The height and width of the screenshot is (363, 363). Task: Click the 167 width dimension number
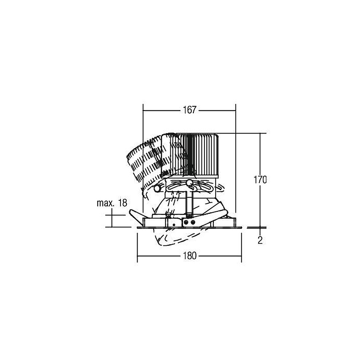tap(189, 110)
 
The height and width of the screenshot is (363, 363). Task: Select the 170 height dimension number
tap(260, 180)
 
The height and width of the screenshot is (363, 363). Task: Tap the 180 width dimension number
tap(189, 256)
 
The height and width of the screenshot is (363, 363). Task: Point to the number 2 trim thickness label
tap(260, 240)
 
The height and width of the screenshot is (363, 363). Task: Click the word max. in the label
tap(106, 203)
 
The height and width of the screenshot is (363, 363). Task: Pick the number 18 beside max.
tap(123, 203)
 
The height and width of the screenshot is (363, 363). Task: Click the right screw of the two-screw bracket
tap(192, 223)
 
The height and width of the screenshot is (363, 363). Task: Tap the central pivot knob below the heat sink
tap(189, 183)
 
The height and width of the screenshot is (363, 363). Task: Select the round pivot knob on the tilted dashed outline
tap(157, 188)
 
